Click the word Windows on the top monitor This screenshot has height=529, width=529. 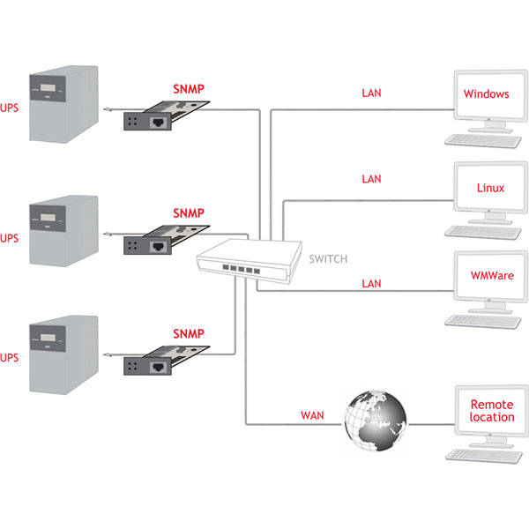click(486, 94)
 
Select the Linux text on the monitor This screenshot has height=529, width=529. click(491, 188)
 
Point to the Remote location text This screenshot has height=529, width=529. click(491, 410)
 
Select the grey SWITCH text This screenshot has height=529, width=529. click(328, 259)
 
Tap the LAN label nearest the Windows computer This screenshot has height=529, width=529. click(371, 93)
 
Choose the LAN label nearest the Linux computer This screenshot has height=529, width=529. click(371, 179)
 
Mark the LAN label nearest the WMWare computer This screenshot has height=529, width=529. click(371, 283)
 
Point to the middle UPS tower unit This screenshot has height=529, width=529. click(62, 229)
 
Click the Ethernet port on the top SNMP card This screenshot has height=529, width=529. click(161, 123)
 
